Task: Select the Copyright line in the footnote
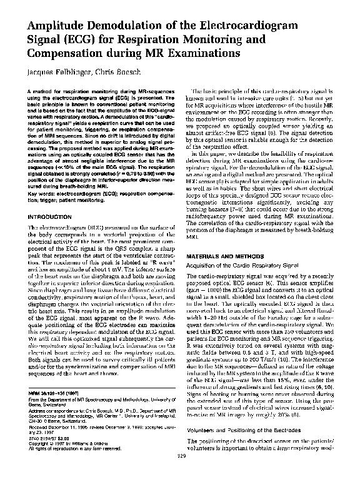[69, 456]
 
